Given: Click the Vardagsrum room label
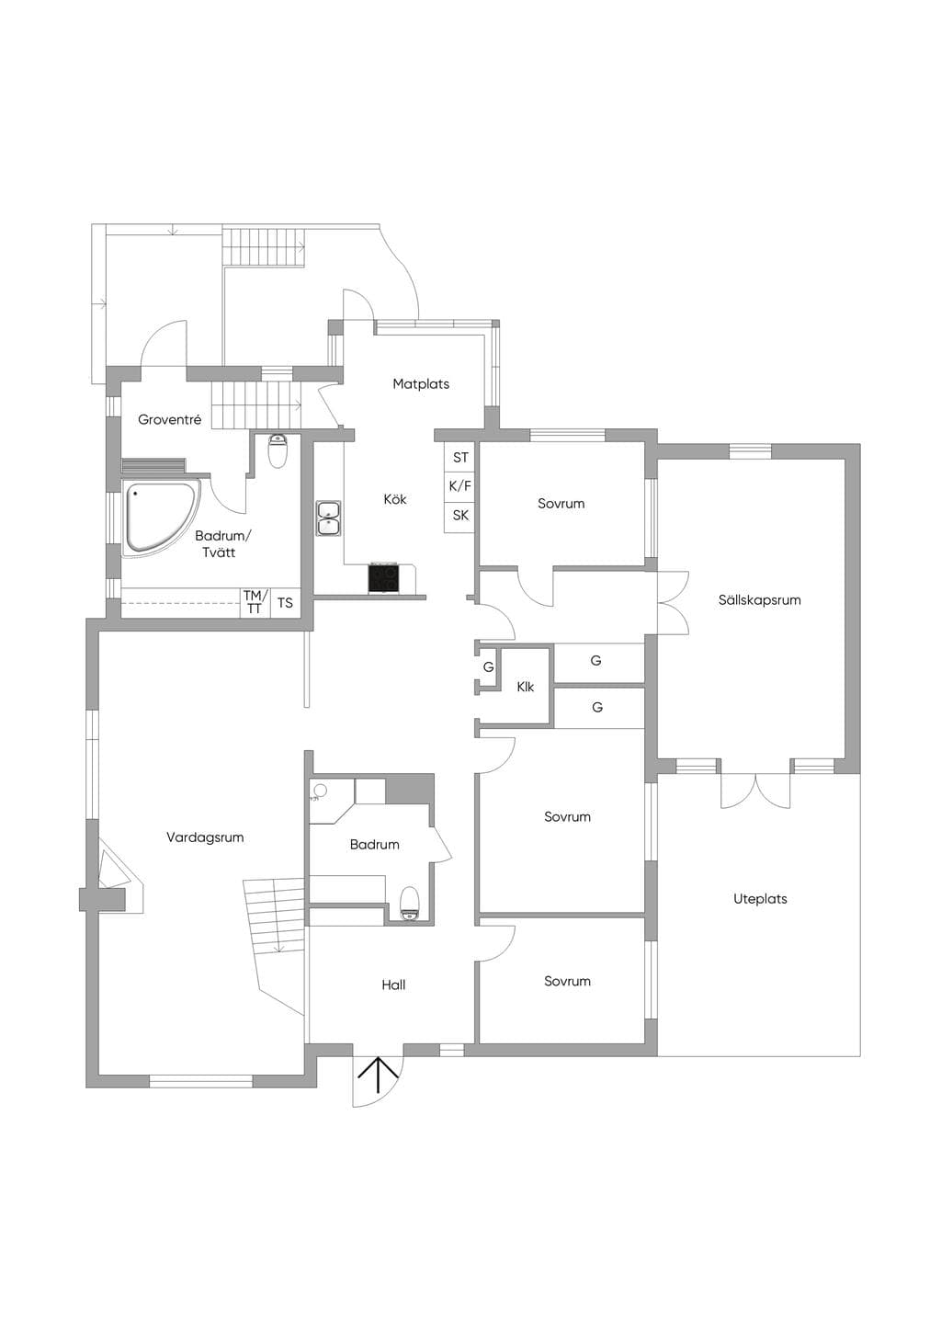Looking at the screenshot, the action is click(205, 837).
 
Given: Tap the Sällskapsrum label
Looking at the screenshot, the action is click(759, 600).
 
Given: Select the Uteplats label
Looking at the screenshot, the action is click(760, 898).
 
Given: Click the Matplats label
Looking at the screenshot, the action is click(421, 384).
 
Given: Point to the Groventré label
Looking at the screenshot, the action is click(169, 420).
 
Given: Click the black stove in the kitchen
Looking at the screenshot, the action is click(384, 578).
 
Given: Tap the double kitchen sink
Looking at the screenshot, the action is click(329, 518).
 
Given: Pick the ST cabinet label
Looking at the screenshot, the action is click(460, 458).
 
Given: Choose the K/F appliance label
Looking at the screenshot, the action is click(460, 486).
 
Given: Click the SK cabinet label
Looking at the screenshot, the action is click(460, 515).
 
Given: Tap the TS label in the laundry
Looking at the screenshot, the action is click(285, 603).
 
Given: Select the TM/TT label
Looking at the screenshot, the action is click(255, 602).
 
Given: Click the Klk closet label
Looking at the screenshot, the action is click(526, 687).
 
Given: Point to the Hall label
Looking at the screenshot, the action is click(393, 985).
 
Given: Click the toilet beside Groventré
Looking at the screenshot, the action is click(278, 451).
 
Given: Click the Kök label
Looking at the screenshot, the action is click(395, 499).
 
